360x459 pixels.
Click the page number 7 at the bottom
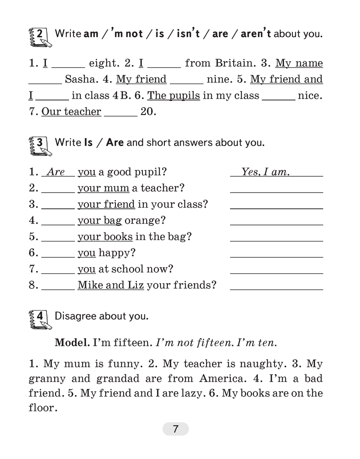[176, 429]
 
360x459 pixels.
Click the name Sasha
[80, 79]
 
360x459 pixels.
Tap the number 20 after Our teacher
[148, 112]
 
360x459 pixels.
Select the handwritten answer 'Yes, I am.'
[265, 172]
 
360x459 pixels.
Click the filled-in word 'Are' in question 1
[56, 172]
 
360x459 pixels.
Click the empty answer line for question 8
[276, 289]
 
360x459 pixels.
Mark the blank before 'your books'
[58, 240]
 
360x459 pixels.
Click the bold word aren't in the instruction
[256, 34]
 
